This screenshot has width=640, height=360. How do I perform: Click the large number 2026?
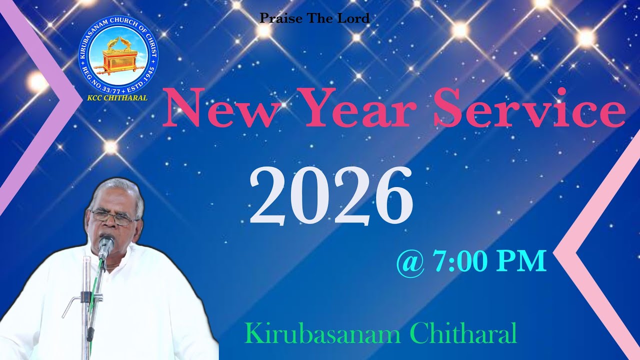click(x=331, y=196)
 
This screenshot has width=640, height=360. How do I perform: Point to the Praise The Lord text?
click(x=314, y=19)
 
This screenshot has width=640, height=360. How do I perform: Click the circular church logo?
click(x=118, y=55)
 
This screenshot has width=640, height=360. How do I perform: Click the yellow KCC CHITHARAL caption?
click(x=117, y=98)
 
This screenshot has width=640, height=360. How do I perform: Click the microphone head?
click(x=105, y=244)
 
